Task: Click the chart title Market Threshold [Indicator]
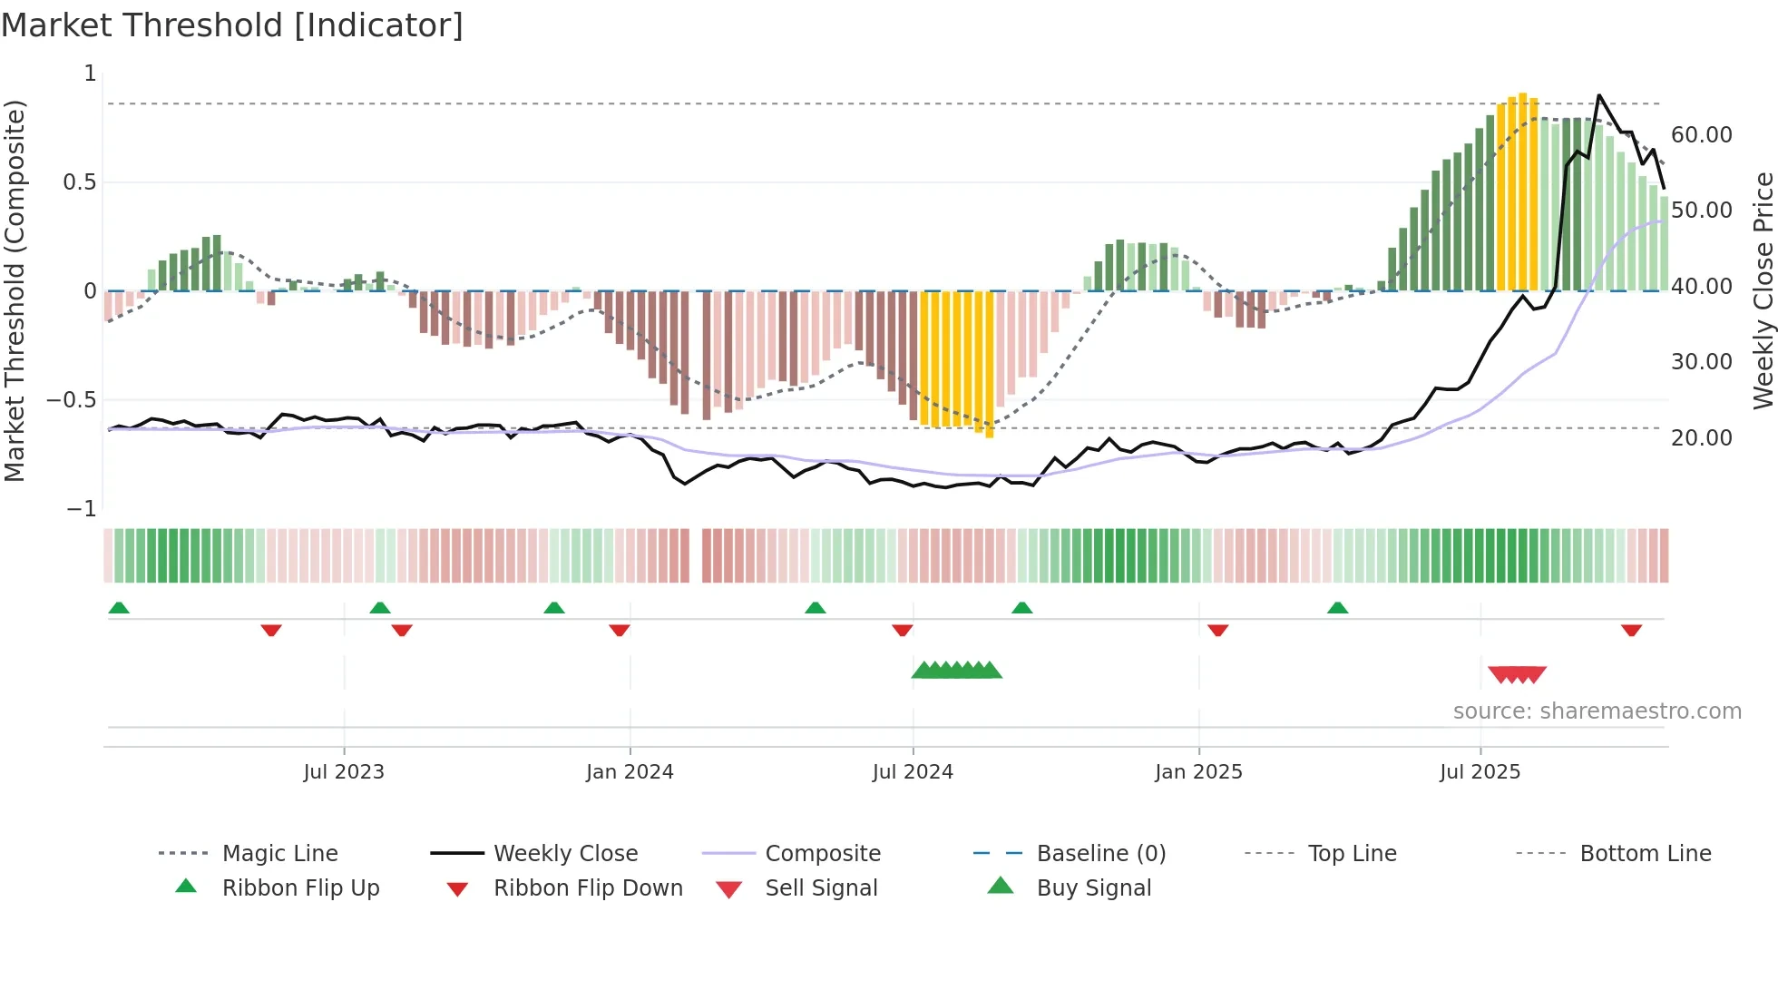[232, 25]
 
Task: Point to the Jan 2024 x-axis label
[630, 772]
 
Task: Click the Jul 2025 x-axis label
[1480, 772]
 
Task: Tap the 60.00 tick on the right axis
[1701, 135]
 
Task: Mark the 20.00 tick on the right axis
[1701, 438]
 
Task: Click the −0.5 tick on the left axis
[72, 400]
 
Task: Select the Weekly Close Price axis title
[1763, 290]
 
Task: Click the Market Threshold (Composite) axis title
[15, 290]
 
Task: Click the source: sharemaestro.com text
[1597, 711]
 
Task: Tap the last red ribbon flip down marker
[1631, 630]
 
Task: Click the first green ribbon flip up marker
[119, 608]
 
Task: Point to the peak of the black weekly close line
[1598, 95]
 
